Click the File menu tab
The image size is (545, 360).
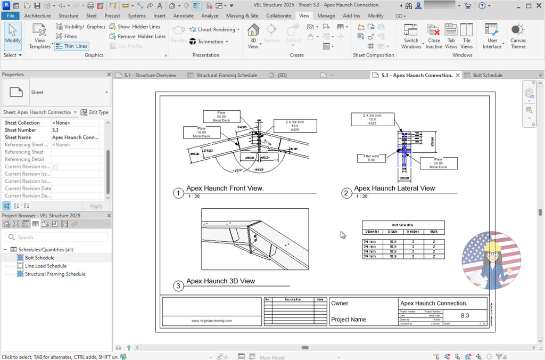pyautogui.click(x=10, y=16)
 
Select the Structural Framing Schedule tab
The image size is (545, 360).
pyautogui.click(x=226, y=75)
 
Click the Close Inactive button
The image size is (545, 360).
pyautogui.click(x=434, y=37)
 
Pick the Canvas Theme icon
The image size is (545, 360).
pyautogui.click(x=518, y=37)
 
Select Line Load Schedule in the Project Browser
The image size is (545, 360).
pyautogui.click(x=46, y=266)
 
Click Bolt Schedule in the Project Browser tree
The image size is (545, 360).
pyautogui.click(x=39, y=258)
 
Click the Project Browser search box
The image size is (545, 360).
pyautogui.click(x=59, y=238)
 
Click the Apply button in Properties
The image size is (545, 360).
pyautogui.click(x=96, y=206)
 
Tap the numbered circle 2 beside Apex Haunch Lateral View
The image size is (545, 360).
pyautogui.click(x=346, y=193)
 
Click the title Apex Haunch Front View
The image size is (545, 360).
pyautogui.click(x=225, y=189)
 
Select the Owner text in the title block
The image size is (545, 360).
pyautogui.click(x=340, y=304)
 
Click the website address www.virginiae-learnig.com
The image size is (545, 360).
pyautogui.click(x=211, y=321)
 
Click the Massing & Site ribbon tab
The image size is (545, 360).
pyautogui.click(x=242, y=16)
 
